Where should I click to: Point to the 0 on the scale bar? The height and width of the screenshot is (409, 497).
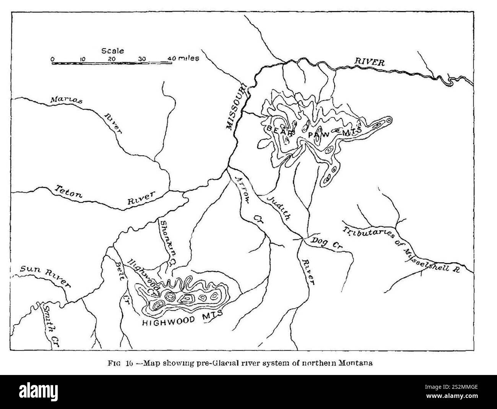[x=53, y=59]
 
